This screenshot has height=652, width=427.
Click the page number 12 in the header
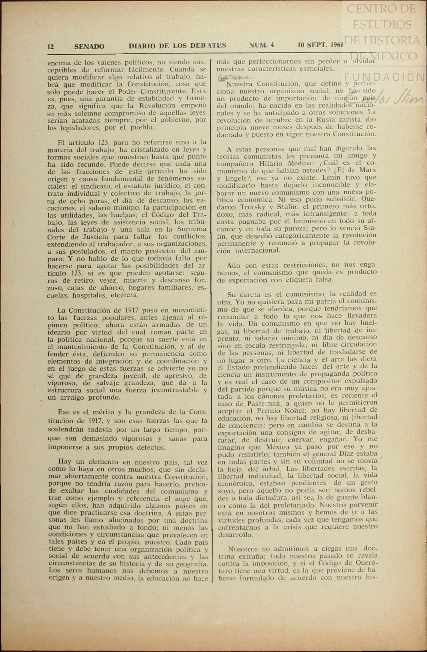(x=50, y=47)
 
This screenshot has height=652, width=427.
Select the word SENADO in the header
(x=89, y=46)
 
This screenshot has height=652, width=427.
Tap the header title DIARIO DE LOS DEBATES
(x=177, y=46)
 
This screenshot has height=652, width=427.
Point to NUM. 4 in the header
(x=261, y=45)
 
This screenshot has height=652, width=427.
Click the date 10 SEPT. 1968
(x=320, y=45)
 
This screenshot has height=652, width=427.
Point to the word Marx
(x=368, y=171)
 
